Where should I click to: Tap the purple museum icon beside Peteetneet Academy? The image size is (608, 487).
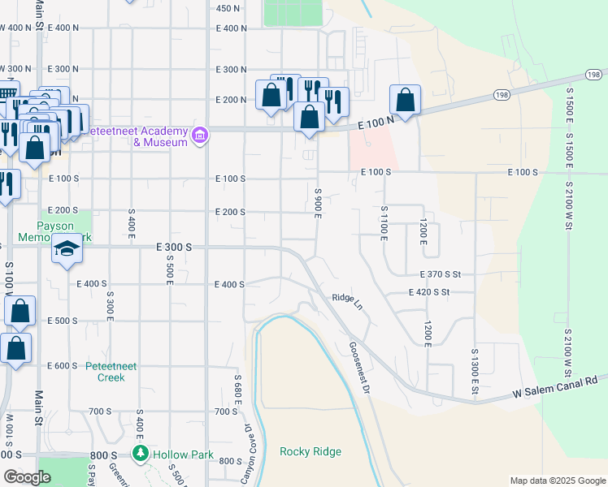(198, 136)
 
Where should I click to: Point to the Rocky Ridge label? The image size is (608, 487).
(311, 451)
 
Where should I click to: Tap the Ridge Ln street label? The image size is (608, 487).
(347, 298)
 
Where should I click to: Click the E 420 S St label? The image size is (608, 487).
(441, 293)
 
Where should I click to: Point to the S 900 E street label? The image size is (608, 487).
(319, 200)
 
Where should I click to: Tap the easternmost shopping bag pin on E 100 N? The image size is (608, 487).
(405, 101)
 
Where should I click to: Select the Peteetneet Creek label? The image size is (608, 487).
(106, 372)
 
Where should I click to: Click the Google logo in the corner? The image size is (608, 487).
(27, 477)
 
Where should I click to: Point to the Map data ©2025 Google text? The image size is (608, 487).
(557, 481)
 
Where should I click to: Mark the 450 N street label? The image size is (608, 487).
(228, 8)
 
